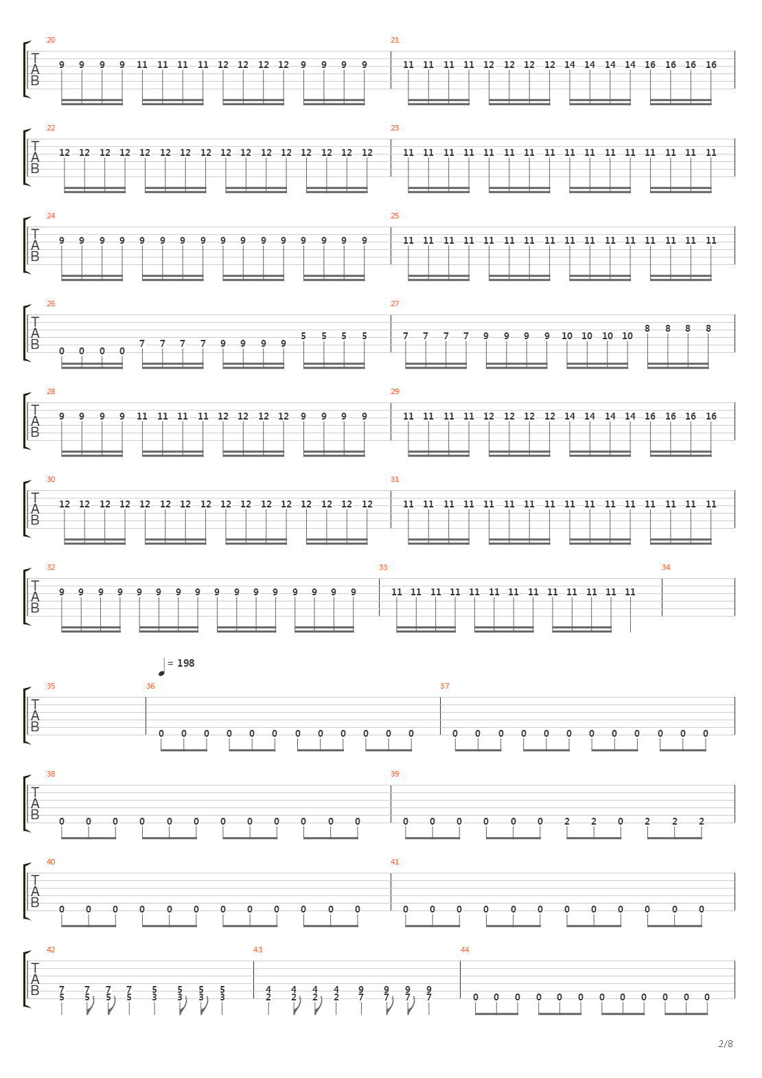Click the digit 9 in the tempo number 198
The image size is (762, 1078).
point(185,663)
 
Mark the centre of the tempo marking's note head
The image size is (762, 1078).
point(161,673)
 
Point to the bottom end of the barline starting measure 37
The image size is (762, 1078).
point(440,735)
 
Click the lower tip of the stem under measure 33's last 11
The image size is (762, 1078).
point(630,632)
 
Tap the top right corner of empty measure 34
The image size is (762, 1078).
point(735,578)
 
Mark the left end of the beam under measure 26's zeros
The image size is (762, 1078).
point(62,366)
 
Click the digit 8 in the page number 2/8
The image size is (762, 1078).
point(730,1044)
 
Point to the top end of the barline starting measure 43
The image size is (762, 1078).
point(253,961)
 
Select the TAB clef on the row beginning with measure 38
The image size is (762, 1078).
point(34,803)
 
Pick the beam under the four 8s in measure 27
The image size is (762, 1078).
point(678,366)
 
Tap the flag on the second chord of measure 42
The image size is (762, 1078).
point(90,1009)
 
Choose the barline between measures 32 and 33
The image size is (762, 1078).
point(379,597)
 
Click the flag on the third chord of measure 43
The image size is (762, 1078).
point(317,1009)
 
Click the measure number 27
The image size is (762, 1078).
point(395,303)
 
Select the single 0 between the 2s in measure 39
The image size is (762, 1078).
point(620,821)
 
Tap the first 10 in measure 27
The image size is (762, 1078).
point(566,336)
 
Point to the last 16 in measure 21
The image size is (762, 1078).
point(711,65)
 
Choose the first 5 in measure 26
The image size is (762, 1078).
point(303,336)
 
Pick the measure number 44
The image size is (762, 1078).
point(464,950)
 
